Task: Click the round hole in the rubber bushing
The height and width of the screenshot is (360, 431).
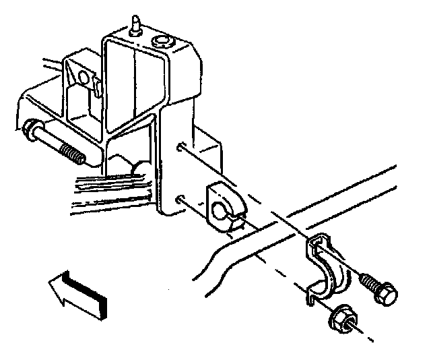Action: tap(220, 214)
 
